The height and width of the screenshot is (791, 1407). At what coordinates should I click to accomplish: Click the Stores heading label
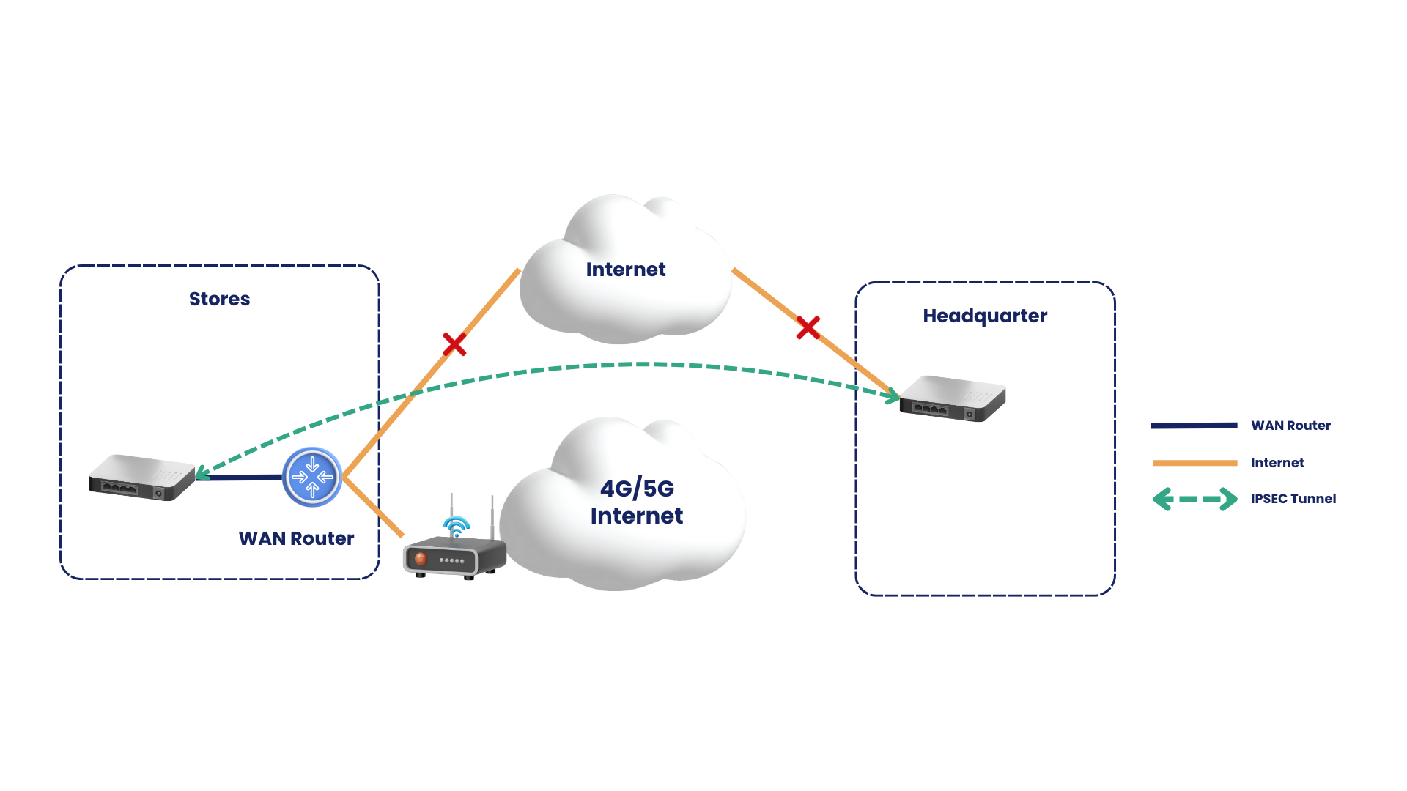219,299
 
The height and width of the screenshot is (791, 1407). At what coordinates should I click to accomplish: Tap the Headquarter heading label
985,316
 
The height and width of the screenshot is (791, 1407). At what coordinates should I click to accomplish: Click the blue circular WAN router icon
312,477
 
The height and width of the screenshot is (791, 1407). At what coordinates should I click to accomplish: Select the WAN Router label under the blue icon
296,538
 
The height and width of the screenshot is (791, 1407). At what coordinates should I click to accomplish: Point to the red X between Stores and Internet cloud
454,343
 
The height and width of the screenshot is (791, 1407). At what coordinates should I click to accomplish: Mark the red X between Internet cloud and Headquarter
808,327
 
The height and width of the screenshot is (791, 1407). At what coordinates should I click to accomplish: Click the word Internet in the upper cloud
626,270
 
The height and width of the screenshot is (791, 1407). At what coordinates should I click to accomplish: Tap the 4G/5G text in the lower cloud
637,488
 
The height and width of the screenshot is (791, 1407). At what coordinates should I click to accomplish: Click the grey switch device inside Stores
142,478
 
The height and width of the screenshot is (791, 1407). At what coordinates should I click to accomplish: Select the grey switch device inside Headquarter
953,398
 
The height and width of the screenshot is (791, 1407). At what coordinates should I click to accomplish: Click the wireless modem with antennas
454,546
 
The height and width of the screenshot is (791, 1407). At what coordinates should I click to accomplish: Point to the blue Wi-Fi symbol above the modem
457,526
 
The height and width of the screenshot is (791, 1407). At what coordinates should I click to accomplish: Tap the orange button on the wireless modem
421,559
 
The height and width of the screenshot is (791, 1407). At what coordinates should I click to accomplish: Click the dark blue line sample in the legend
1194,426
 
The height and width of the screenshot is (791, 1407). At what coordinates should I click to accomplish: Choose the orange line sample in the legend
1194,463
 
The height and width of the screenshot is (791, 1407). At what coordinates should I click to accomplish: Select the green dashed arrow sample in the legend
1194,500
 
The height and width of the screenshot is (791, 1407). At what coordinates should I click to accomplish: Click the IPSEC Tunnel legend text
1293,499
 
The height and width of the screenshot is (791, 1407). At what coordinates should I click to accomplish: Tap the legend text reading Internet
1277,463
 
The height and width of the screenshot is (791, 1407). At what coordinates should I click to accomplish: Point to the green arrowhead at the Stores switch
203,472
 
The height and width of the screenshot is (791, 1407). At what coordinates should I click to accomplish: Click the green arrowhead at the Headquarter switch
893,397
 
